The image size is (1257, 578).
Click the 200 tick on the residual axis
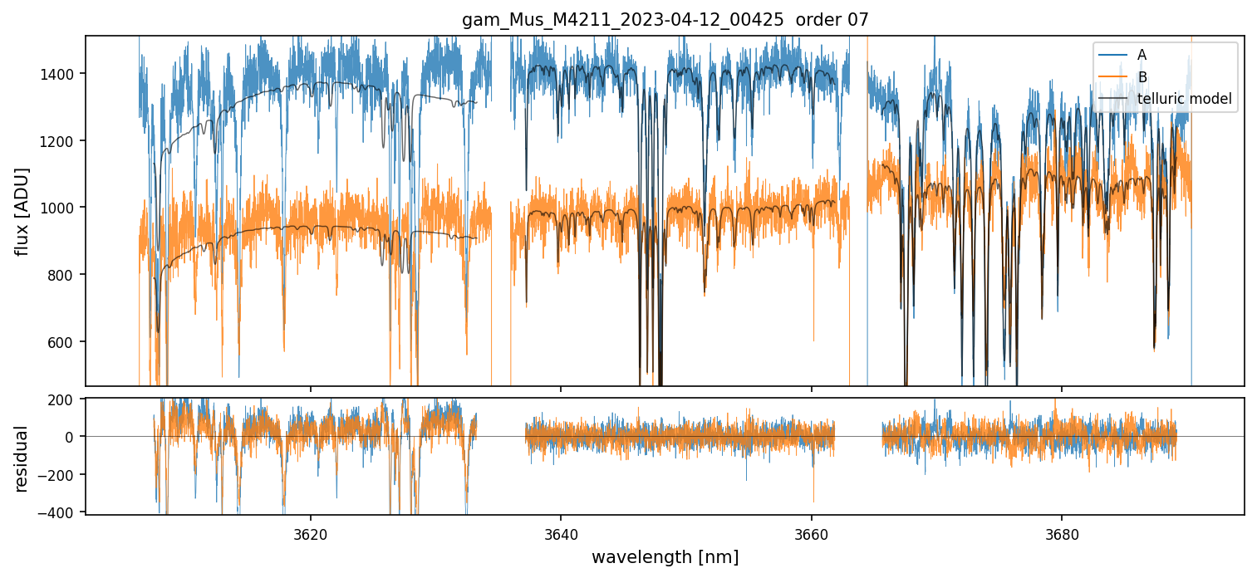tap(65, 399)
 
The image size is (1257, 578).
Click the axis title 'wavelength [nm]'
tap(665, 556)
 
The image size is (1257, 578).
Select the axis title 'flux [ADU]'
tap(22, 211)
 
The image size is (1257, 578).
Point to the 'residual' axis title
tap(22, 458)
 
